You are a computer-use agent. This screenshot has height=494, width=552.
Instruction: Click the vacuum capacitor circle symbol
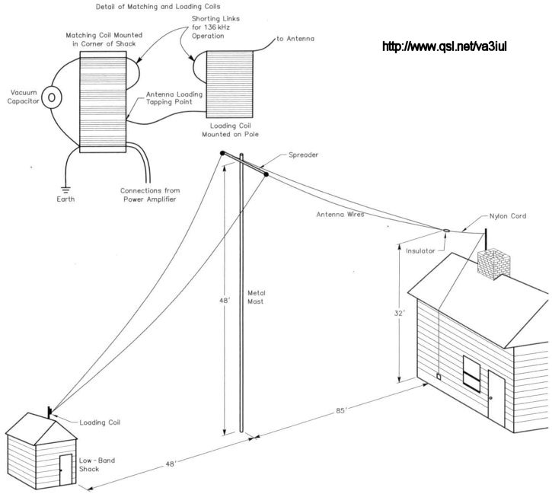52,97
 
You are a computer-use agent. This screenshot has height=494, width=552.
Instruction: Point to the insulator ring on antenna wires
447,230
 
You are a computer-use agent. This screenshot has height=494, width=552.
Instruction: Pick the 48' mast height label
224,301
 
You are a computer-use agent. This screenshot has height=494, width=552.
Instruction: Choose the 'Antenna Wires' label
340,215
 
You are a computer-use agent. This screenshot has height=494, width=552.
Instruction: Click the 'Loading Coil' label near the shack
100,422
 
